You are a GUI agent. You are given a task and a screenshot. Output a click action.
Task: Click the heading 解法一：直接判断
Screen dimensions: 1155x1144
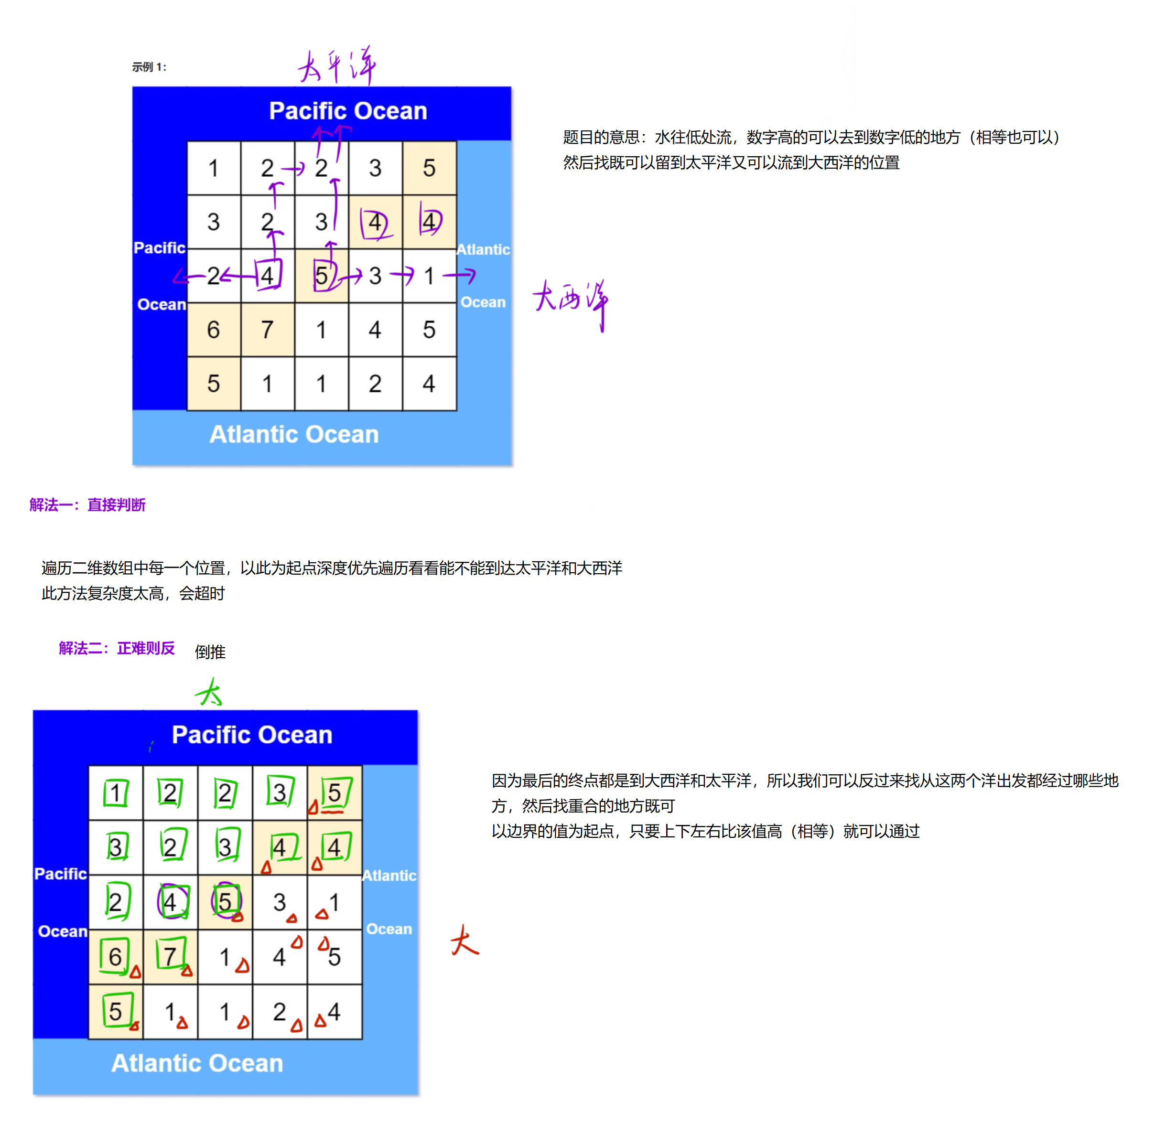tap(87, 505)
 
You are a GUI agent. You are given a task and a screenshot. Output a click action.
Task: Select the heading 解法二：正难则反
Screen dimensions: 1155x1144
tap(117, 649)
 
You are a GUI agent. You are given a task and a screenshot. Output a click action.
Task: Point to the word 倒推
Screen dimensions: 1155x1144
tap(210, 652)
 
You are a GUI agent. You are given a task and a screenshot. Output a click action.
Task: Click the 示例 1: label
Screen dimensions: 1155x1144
tap(149, 67)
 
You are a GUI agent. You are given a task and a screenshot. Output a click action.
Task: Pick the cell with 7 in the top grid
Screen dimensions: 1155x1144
tap(267, 329)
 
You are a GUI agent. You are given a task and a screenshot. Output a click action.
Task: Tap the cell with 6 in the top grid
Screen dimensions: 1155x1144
tap(214, 329)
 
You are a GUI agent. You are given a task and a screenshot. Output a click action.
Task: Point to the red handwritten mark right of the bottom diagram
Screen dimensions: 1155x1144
tap(464, 941)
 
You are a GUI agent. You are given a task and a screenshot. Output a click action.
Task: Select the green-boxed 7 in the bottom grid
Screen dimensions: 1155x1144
tap(171, 956)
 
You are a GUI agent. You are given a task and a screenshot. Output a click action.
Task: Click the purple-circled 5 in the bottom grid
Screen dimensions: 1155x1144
tap(226, 901)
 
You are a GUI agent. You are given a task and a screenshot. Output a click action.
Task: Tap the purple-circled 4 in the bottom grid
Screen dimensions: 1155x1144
tap(171, 901)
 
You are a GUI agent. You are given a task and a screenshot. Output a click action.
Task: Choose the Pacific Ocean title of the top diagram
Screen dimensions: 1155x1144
tap(348, 110)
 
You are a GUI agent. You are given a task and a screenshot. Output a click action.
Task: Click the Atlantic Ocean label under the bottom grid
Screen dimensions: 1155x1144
tap(197, 1063)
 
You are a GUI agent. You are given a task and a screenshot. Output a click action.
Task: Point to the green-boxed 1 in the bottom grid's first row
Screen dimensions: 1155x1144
tap(116, 792)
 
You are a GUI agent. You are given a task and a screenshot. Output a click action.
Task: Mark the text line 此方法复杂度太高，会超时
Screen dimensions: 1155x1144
tap(133, 594)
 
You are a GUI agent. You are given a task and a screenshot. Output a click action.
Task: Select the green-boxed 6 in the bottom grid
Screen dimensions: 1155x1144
tap(115, 956)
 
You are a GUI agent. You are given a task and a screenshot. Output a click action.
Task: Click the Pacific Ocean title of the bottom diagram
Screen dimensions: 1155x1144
tap(252, 735)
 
